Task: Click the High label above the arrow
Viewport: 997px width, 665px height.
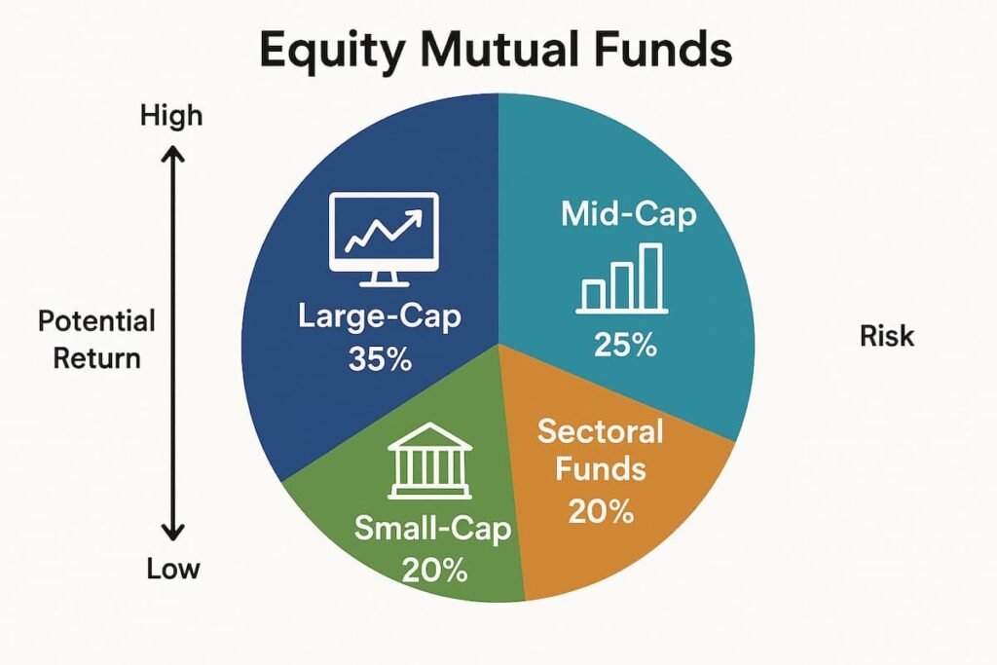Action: (171, 116)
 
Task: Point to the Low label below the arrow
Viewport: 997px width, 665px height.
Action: (173, 569)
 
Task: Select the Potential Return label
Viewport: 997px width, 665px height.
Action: (96, 339)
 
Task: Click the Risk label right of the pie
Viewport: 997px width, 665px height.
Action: (887, 336)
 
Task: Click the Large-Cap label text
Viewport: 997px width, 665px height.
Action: (381, 317)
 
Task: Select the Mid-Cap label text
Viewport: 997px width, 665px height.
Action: (628, 214)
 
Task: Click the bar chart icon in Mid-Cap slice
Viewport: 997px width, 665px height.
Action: (622, 279)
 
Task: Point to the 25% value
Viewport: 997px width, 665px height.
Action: (624, 345)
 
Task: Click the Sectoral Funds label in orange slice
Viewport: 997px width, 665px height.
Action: (600, 450)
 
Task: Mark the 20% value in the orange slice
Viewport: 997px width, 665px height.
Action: (601, 509)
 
